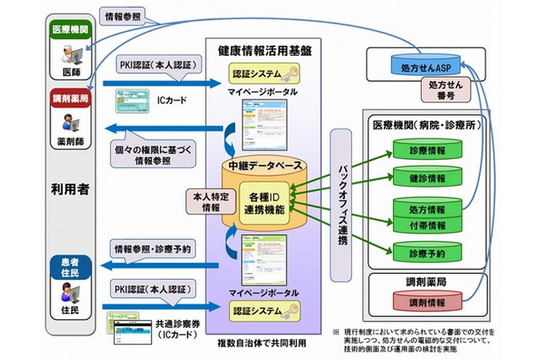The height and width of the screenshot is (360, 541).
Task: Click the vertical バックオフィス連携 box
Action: (342, 202)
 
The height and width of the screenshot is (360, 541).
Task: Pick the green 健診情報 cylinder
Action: (425, 177)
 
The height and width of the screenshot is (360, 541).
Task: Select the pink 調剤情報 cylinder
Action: (425, 302)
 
